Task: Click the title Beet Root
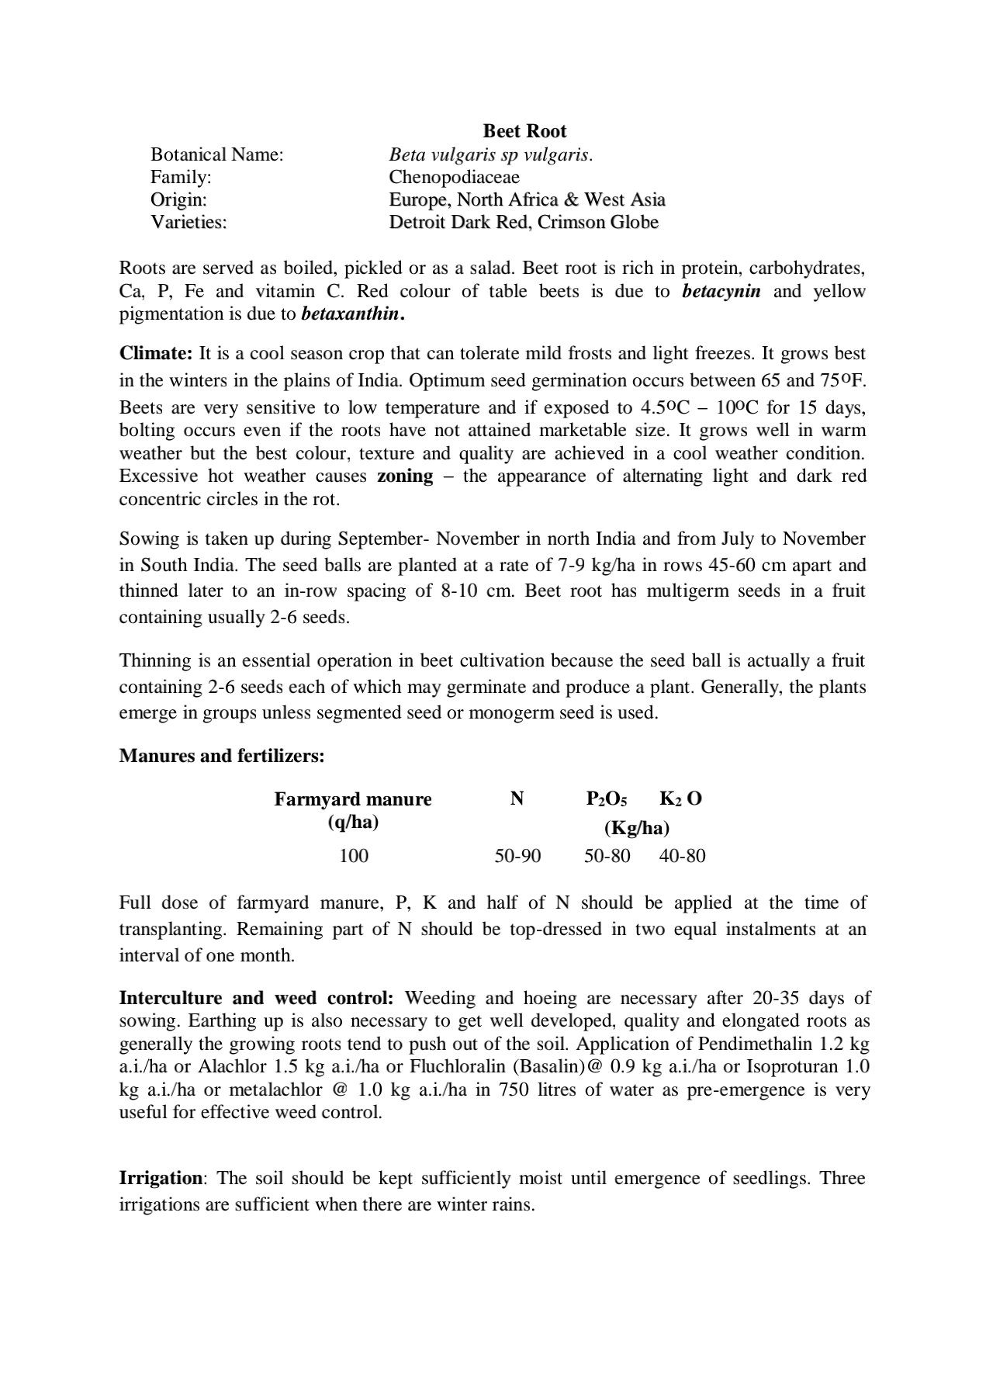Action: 524,131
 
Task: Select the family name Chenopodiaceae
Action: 454,177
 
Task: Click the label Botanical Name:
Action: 216,154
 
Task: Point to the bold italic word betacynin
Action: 721,292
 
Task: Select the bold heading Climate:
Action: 156,354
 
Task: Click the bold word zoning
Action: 405,476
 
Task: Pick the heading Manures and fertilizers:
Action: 222,756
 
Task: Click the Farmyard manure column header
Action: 352,800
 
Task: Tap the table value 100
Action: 353,857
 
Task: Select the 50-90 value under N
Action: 517,857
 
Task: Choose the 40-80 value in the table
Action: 682,857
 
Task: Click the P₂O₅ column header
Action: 607,799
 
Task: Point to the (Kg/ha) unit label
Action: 636,828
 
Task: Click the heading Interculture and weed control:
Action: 256,998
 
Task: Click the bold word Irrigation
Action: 161,1178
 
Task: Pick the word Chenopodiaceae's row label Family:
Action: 181,177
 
